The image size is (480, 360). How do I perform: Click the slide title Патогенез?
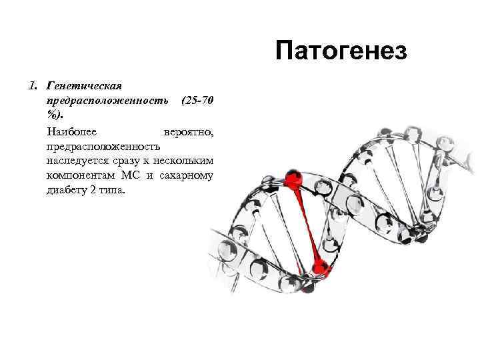(x=340, y=51)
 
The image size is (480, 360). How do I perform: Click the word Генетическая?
(x=83, y=86)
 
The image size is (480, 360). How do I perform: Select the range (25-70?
(x=197, y=101)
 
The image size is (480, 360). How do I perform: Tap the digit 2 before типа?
(x=93, y=190)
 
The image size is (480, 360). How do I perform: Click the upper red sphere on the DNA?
(x=293, y=179)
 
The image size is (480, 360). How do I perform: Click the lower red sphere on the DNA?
(x=321, y=269)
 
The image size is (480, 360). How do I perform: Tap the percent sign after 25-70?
(x=52, y=115)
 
